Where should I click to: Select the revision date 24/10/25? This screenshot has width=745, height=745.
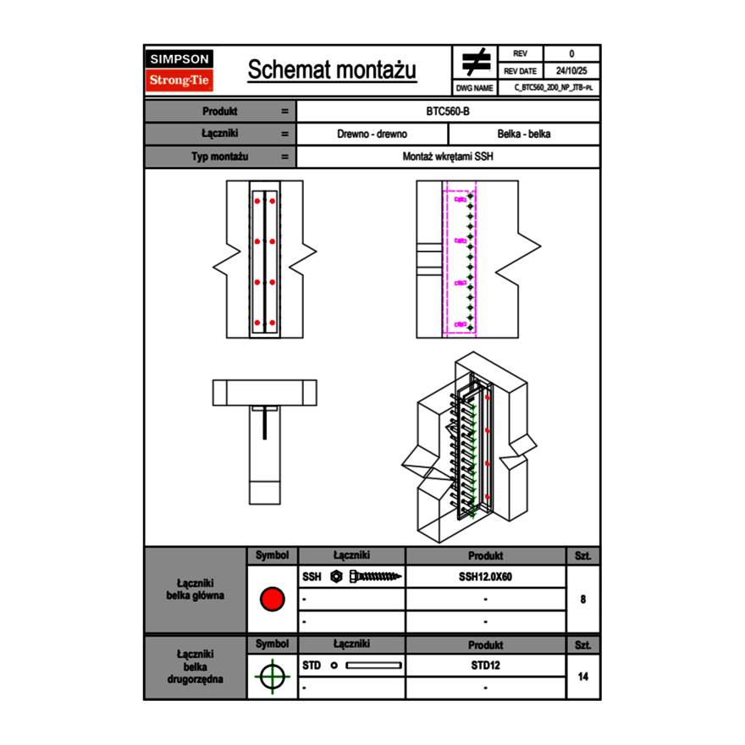coord(571,71)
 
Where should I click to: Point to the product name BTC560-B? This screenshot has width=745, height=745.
coord(448,111)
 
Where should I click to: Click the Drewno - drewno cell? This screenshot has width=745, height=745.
coord(372,134)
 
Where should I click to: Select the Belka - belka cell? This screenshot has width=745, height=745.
coord(524,134)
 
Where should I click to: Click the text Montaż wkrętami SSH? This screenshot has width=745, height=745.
coord(448,157)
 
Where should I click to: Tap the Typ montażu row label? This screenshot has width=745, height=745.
coord(219,157)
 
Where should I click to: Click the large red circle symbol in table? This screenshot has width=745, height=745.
coord(272,599)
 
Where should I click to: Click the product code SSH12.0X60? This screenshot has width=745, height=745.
coord(485,577)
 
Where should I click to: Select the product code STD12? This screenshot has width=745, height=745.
coord(485,665)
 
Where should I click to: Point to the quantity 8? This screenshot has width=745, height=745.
coord(583,599)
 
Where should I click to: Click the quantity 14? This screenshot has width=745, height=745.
coord(583,676)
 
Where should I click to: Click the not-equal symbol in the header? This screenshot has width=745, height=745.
coord(476,63)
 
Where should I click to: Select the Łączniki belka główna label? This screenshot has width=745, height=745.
coord(196,589)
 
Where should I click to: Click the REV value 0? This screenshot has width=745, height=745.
coord(571,54)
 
